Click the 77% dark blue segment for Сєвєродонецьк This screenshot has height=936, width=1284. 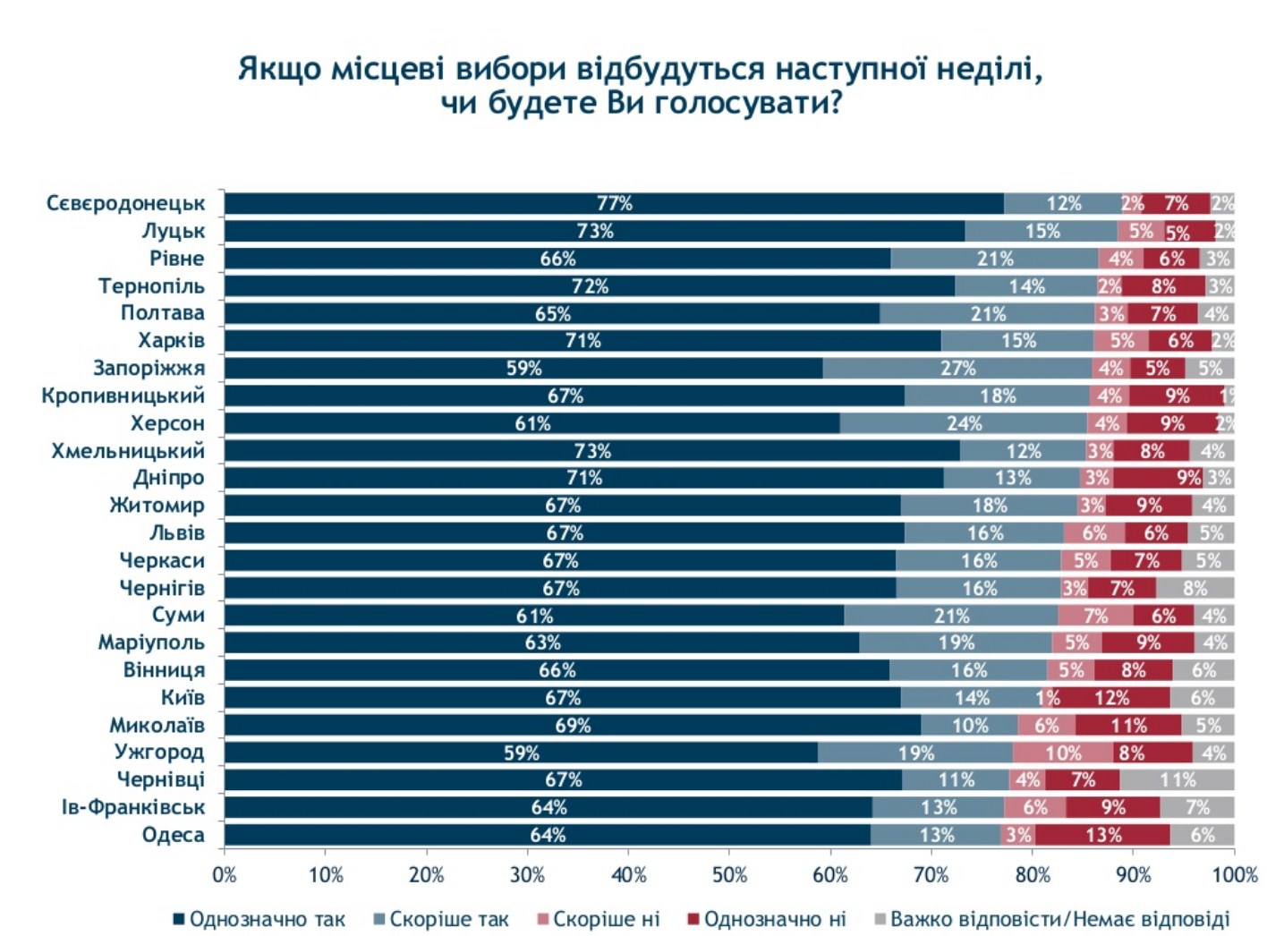614,204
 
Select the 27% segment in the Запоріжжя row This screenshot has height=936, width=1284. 957,369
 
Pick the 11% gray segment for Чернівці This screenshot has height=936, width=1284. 1177,780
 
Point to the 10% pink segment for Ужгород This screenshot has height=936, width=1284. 1063,753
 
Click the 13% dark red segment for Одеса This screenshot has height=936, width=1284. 1102,836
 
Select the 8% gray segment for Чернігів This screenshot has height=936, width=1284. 1195,589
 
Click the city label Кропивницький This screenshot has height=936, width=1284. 123,396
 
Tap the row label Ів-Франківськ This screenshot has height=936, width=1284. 132,808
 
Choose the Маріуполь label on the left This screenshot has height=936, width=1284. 150,643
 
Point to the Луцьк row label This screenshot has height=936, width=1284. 173,232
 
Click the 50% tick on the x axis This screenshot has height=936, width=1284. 729,875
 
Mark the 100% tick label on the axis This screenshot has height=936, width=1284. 1235,875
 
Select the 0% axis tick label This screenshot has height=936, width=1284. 225,875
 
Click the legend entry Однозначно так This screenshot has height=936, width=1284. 267,919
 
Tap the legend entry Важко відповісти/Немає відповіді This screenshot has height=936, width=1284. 1059,919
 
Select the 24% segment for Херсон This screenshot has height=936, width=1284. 964,424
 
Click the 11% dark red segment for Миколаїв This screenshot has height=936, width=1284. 1127,726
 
